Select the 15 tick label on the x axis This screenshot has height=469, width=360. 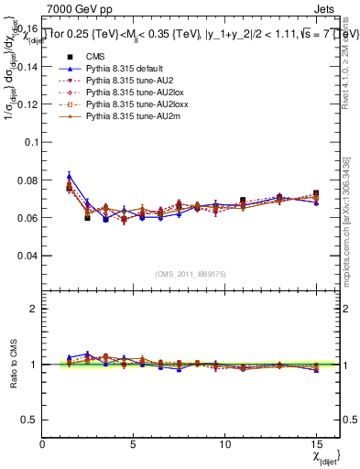(x=316, y=445)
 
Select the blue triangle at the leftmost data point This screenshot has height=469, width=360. (x=70, y=177)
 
